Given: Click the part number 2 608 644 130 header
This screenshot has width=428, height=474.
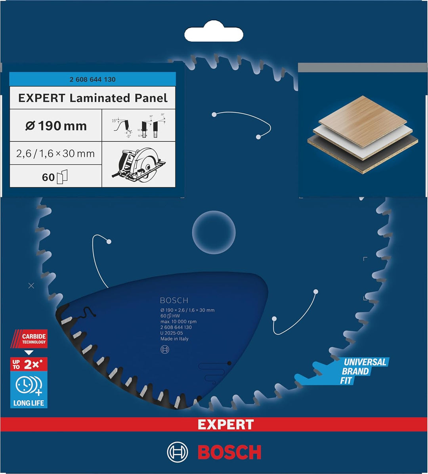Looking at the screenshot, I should [92, 79].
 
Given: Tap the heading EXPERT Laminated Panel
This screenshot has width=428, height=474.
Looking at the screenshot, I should [93, 98].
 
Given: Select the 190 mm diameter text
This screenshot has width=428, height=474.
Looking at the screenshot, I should [56, 126].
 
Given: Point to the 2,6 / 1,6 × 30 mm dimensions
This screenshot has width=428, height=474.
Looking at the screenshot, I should [55, 153].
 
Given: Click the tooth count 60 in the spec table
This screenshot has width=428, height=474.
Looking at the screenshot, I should [48, 177].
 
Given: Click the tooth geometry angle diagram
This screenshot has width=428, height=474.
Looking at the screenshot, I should [138, 126].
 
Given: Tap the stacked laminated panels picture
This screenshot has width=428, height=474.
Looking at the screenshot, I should [362, 134].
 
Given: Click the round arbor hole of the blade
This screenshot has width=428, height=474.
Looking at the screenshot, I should [214, 232].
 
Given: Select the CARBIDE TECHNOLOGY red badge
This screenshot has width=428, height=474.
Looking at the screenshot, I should [29, 339].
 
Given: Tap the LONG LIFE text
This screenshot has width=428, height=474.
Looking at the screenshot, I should [29, 403].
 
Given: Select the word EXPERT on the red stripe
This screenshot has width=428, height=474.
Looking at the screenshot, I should [225, 424].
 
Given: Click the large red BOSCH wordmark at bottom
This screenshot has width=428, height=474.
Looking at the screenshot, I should [229, 452].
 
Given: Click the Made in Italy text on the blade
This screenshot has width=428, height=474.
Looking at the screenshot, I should [174, 339].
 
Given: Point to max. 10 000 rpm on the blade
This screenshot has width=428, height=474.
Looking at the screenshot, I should [178, 321].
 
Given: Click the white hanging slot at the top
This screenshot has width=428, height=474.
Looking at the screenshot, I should [214, 34].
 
